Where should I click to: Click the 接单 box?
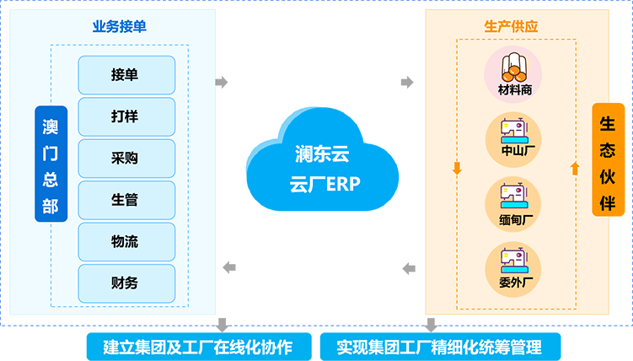tap(126, 75)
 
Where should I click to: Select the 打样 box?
tap(126, 116)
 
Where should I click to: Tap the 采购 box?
tap(126, 159)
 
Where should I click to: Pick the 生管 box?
tap(126, 200)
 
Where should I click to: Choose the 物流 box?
tap(126, 241)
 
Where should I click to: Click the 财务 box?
tap(126, 283)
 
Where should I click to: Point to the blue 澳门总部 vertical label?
tap(51, 164)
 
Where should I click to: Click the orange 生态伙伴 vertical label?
tap(608, 160)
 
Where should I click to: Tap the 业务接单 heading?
tap(120, 27)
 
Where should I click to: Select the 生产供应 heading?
tap(511, 27)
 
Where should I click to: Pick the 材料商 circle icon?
tap(513, 74)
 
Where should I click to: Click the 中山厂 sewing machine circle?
tap(513, 140)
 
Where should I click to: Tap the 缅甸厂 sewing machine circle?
tap(513, 204)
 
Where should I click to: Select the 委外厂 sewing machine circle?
tap(513, 269)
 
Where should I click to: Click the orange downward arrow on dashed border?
tap(457, 168)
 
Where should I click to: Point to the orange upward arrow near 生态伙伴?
tap(576, 168)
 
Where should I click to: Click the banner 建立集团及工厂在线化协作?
tap(199, 347)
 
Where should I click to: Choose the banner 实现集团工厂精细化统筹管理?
tap(441, 347)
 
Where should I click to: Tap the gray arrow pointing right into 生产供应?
tap(407, 83)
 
